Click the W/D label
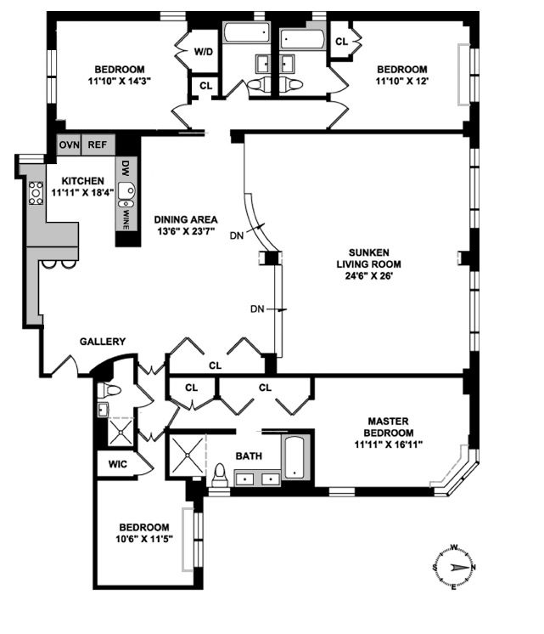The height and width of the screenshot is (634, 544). click(204, 53)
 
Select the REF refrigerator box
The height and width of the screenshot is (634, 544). click(98, 144)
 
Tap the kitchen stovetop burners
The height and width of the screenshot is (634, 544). click(37, 194)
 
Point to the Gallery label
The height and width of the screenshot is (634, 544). click(103, 342)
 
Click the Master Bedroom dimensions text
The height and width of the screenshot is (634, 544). click(388, 444)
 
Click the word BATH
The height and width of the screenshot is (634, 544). click(249, 456)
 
